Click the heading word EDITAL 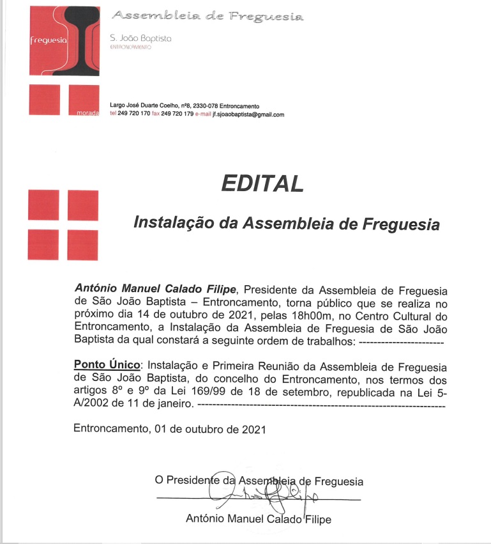point(262,184)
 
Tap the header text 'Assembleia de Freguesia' point(208,16)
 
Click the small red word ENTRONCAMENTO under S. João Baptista point(130,47)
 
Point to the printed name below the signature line point(258,519)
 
